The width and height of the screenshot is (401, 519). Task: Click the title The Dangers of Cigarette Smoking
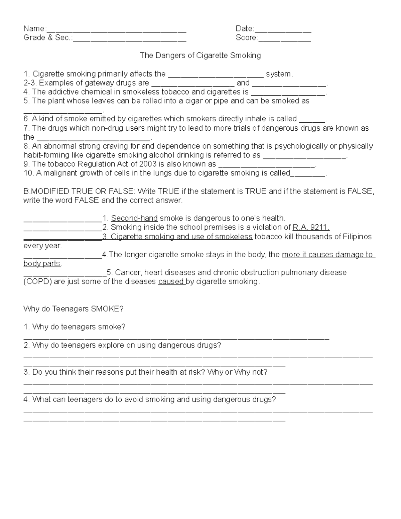coord(200,55)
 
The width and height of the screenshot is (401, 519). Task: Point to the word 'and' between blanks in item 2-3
coord(243,83)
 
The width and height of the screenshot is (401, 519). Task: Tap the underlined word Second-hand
coord(134,219)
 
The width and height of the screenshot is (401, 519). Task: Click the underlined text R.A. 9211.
coord(311,228)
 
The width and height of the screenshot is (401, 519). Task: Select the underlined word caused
coord(171,282)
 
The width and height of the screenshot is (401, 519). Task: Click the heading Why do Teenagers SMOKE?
coord(74,309)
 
